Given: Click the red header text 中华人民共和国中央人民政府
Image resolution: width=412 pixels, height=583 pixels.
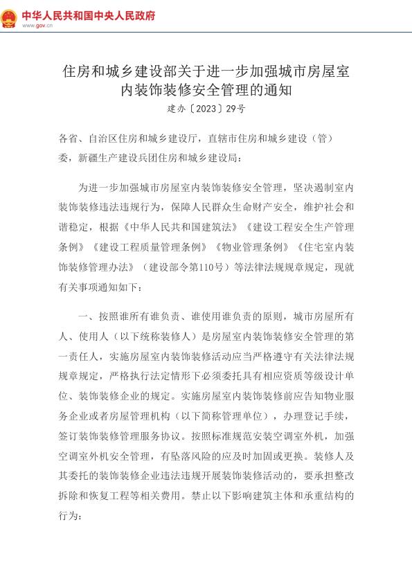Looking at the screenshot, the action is [x=89, y=15].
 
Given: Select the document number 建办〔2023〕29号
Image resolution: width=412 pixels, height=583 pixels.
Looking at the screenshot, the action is [x=206, y=109].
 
